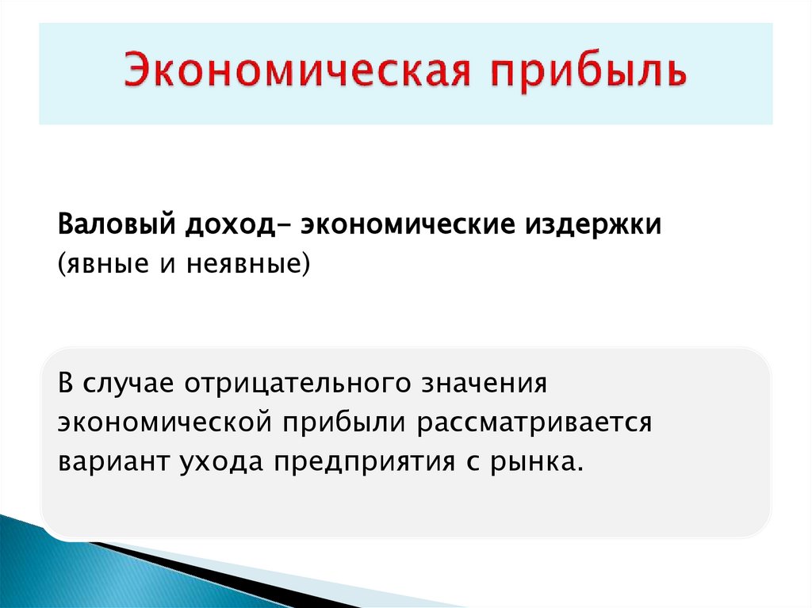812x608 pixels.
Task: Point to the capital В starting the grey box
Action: pyautogui.click(x=65, y=382)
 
